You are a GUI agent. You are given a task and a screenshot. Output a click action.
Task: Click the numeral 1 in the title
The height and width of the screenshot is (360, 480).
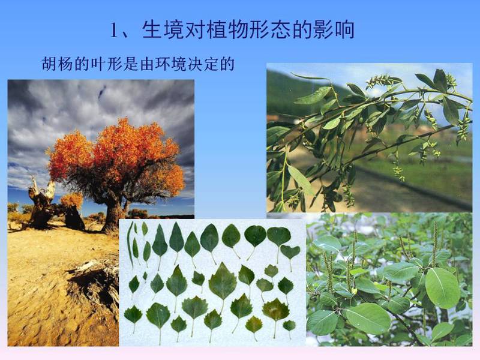114,31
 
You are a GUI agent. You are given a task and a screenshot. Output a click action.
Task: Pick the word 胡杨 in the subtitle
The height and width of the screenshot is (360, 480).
58,64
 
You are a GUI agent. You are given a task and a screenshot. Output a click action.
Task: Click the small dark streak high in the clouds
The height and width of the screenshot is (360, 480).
102,92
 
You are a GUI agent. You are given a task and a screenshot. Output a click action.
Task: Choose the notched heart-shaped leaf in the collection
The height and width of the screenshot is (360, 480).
290,254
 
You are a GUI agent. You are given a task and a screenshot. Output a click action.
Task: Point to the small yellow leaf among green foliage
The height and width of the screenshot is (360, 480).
354,290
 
